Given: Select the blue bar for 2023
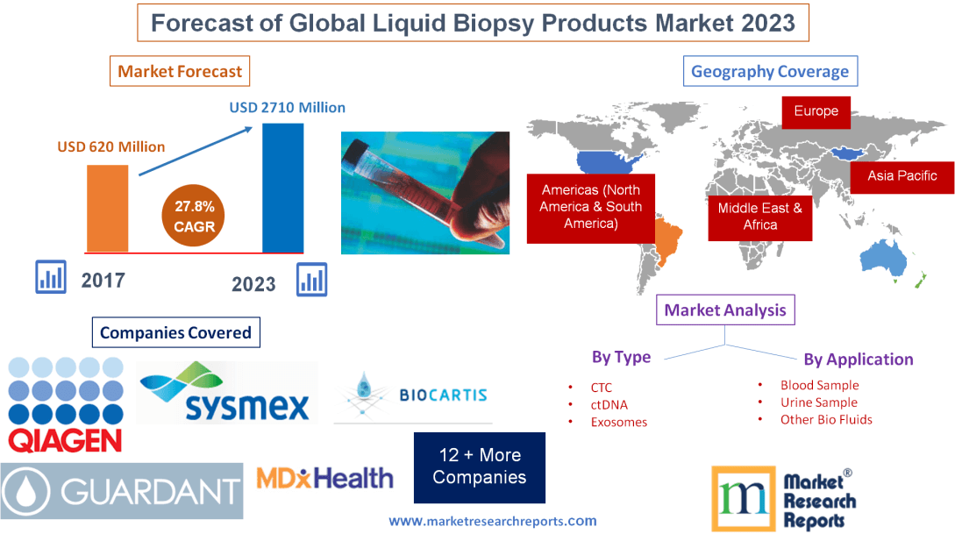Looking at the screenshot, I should (283, 188).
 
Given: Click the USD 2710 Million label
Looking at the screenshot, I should (288, 108).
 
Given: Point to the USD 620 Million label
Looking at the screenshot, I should (111, 146).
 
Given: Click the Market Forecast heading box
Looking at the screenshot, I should (180, 71).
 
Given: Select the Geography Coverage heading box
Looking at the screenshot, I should (770, 72).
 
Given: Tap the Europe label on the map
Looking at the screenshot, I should (816, 111).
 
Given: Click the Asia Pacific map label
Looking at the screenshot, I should (902, 176).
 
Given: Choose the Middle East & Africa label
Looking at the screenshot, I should (759, 216).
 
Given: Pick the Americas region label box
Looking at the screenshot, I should (590, 207).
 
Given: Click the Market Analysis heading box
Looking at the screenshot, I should (725, 310).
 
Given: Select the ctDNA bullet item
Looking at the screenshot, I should (609, 404).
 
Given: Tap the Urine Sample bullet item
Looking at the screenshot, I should (818, 402).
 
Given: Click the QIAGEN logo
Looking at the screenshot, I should (65, 404).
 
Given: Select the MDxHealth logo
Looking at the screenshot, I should (324, 479).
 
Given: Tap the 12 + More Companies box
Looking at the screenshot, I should (479, 466).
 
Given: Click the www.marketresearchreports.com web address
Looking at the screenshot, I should (492, 521).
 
